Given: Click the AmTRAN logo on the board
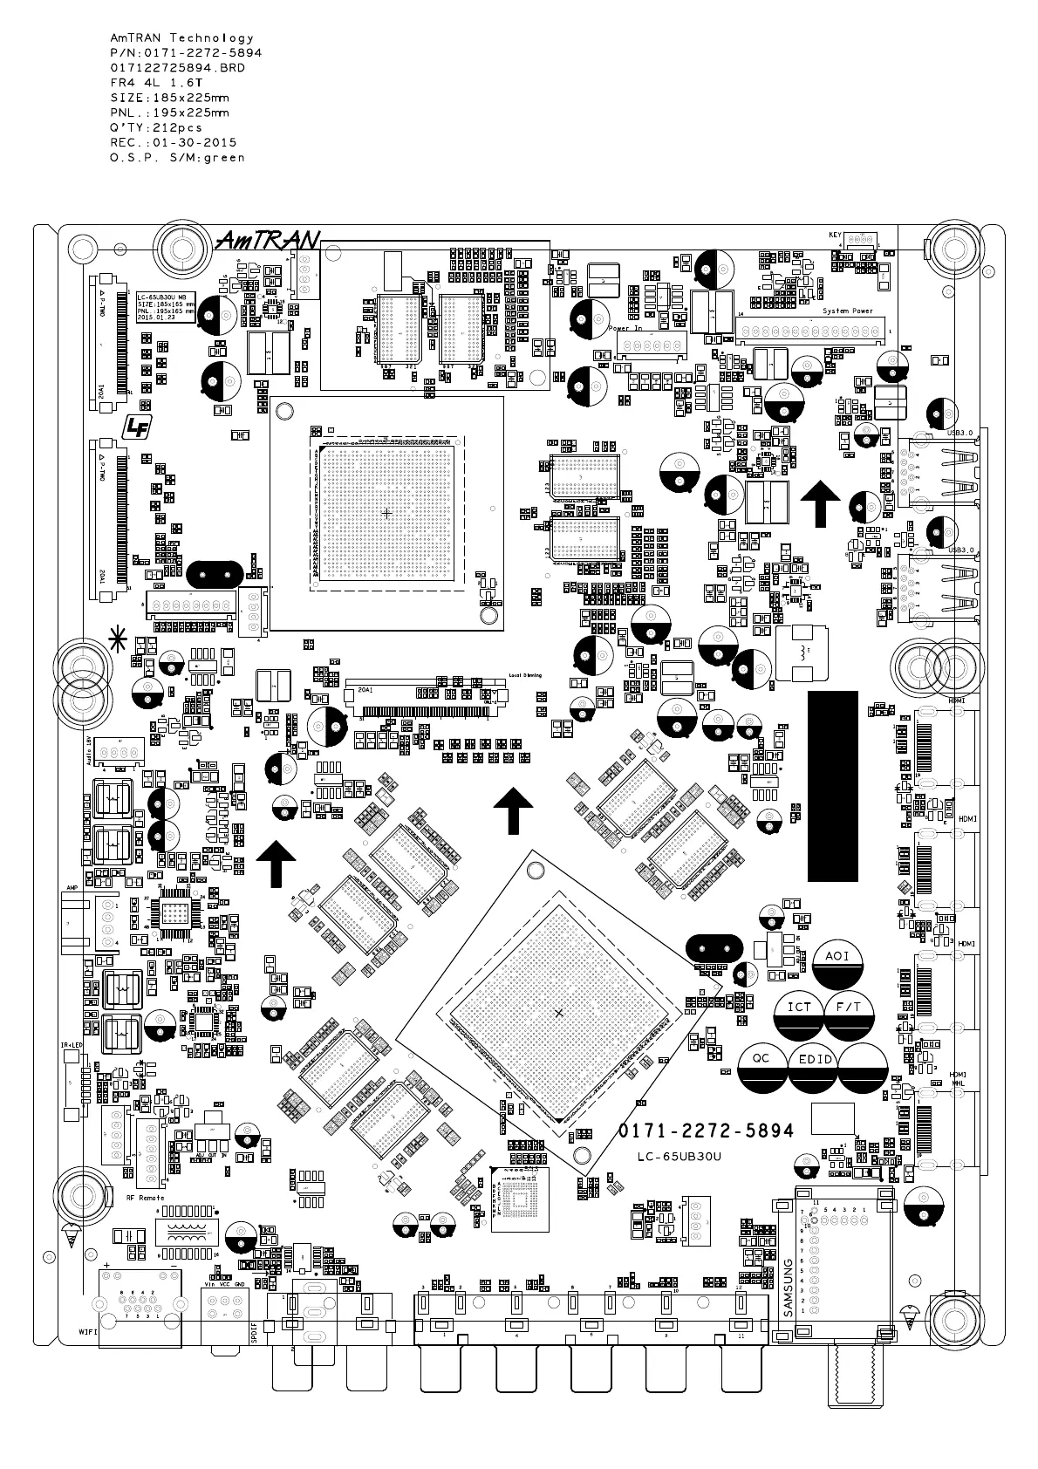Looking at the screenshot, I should [269, 241].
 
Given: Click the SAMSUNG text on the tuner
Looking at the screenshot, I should [788, 1286].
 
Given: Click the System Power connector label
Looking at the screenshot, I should [847, 311].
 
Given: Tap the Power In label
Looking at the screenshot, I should [625, 328].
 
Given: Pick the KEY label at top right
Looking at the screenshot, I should [835, 236].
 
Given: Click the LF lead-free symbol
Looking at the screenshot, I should [137, 427].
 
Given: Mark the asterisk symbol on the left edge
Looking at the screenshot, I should [115, 640].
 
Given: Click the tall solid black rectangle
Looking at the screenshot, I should [833, 786].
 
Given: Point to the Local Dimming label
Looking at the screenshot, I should [525, 675].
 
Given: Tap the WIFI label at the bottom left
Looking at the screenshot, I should [87, 1332].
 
